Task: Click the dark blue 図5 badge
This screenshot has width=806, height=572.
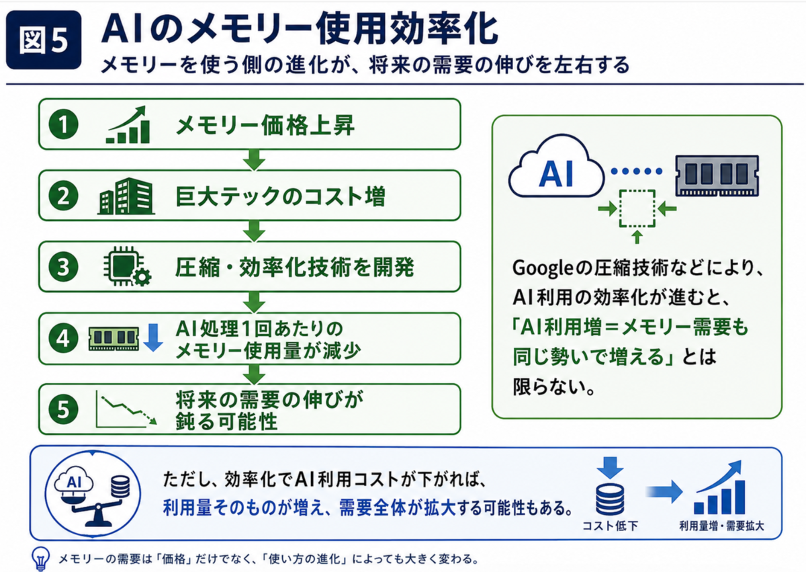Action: coord(44,40)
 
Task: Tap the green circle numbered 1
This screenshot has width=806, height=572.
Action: coord(63,124)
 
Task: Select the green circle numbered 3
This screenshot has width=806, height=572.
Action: coord(63,267)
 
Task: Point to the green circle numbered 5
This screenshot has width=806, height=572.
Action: coord(63,409)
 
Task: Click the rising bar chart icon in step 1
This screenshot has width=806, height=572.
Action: coord(128,124)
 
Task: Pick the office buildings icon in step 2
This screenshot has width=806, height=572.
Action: coord(126,196)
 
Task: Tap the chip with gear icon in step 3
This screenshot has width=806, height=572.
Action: coord(127,266)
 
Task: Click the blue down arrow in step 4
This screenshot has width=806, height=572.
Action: coord(153,337)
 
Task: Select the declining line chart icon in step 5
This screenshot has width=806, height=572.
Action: coord(126,409)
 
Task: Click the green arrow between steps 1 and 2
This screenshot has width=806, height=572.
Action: coord(254,159)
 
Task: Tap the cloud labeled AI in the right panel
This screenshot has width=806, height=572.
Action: coord(556,167)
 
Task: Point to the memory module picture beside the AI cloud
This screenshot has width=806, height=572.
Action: coord(717,175)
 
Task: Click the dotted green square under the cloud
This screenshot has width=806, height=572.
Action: coord(637,208)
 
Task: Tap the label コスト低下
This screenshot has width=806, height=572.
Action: coord(610,526)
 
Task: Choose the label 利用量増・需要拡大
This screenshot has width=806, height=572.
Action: coord(721,526)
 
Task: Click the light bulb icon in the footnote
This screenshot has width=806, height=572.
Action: coord(41,559)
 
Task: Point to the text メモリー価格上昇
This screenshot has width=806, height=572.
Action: coord(265,125)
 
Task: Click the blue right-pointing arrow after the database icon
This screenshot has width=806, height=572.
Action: coord(664,492)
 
